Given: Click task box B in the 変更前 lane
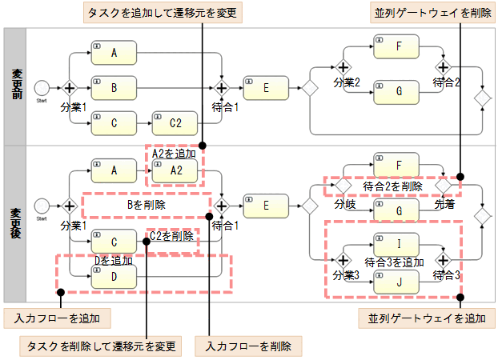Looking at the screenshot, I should coord(114,86).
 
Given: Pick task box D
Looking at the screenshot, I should coord(114,276).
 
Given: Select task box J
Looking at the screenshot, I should coord(397,281).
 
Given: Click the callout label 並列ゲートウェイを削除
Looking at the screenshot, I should coord(431,13).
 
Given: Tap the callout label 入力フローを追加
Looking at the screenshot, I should coord(57,318).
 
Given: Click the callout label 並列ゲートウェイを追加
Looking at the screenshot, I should coord(422,318).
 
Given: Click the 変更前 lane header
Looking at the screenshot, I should coord(15,86).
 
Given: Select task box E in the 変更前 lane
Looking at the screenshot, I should coord(267,87).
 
